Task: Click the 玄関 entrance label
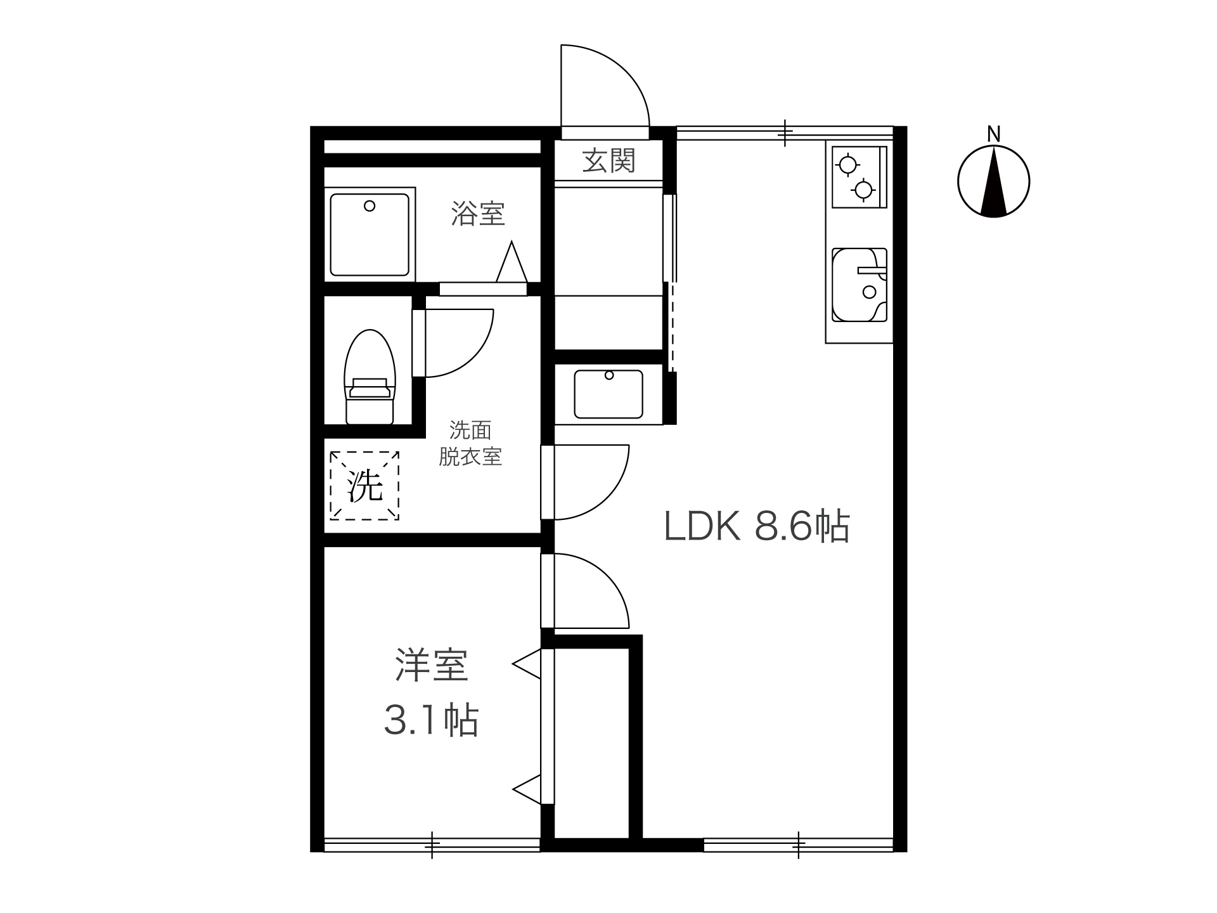tap(608, 160)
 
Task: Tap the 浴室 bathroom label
tap(478, 214)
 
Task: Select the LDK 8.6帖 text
tap(757, 526)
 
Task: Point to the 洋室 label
tap(432, 665)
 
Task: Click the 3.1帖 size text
tap(431, 720)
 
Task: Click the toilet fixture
tap(369, 377)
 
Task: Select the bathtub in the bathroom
tap(370, 235)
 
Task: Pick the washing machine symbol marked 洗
tap(364, 486)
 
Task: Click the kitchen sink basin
tap(860, 285)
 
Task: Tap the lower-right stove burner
tap(863, 189)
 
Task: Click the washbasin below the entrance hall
tap(608, 394)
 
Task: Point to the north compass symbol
tap(993, 182)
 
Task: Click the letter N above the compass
tap(994, 134)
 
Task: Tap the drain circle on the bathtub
tap(370, 206)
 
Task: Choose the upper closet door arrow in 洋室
tap(527, 664)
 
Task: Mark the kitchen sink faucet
tap(872, 271)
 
